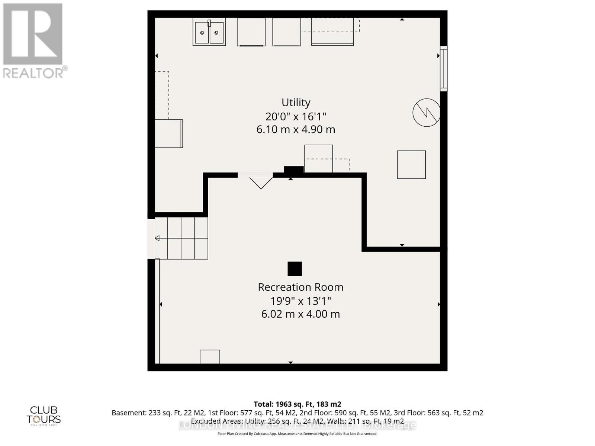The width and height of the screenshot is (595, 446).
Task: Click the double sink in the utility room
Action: coord(209,32)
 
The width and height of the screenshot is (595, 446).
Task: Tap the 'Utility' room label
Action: coord(296,102)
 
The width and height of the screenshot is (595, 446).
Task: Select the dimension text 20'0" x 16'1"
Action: coord(296,116)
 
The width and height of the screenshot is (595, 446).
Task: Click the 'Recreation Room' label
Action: coord(300,287)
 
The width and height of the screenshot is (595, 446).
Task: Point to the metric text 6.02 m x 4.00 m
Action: coord(300,314)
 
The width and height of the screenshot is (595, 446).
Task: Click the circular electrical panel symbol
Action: coord(426,112)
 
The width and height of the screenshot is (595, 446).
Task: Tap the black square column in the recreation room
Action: coord(295,269)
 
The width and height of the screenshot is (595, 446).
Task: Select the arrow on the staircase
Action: coord(157,238)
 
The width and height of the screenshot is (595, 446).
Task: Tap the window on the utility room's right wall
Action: coord(443,68)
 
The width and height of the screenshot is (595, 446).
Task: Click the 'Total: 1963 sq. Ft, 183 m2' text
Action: coord(297,404)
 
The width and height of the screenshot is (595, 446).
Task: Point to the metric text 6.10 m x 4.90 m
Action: coord(296,130)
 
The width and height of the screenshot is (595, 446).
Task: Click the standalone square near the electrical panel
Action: coord(411,165)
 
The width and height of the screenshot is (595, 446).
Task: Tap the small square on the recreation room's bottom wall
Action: coord(210,357)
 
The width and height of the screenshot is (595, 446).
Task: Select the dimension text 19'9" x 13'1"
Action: coord(300,301)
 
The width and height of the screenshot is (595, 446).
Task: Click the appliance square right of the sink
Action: coord(251,32)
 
